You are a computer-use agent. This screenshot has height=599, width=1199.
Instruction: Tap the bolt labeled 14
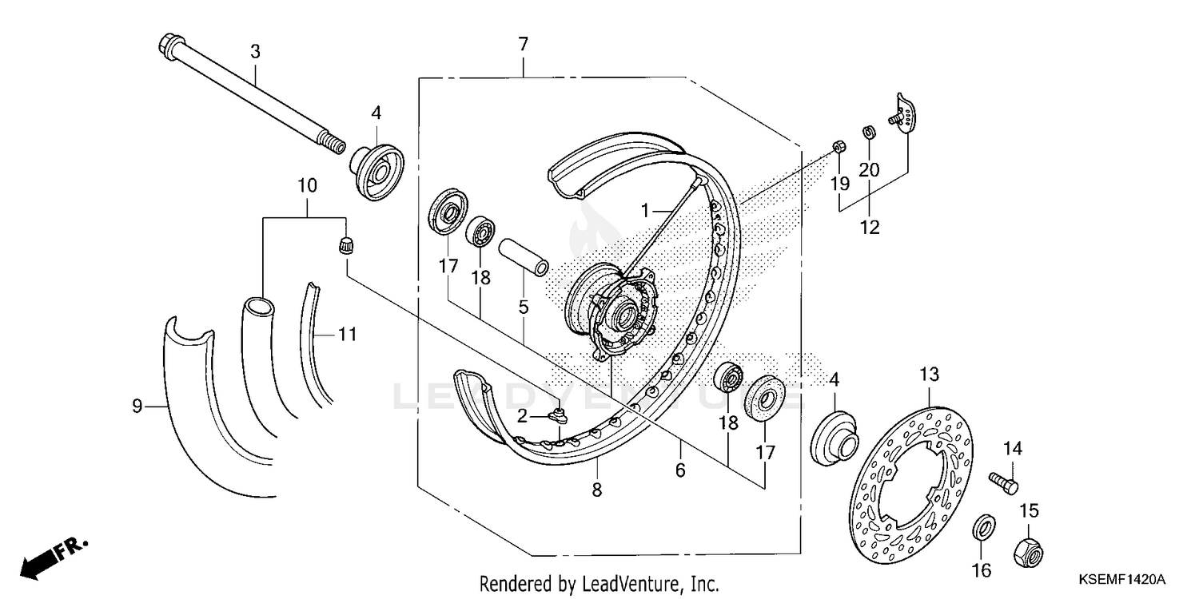pyautogui.click(x=1003, y=482)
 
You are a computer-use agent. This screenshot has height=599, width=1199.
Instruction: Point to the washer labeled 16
pyautogui.click(x=983, y=528)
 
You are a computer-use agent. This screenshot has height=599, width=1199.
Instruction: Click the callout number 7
pyautogui.click(x=523, y=45)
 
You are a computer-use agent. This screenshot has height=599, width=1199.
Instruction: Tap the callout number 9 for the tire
pyautogui.click(x=137, y=407)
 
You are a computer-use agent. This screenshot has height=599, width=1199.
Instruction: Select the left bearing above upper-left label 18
pyautogui.click(x=480, y=231)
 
